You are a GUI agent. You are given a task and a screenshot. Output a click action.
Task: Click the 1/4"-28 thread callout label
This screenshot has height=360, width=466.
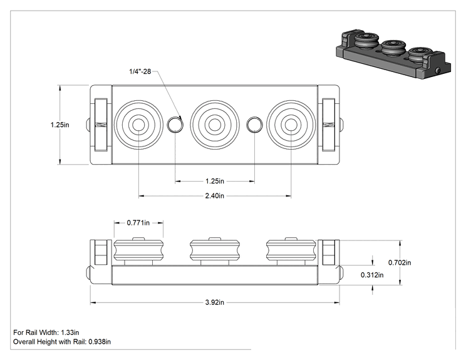140,71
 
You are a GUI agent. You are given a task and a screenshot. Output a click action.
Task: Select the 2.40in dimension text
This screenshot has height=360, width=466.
215,196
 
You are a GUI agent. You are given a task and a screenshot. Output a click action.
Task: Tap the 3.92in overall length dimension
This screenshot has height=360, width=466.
215,302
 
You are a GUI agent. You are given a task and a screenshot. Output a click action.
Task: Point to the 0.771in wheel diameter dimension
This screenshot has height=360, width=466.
138,222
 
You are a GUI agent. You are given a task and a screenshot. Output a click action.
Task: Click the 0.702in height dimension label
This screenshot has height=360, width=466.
400,262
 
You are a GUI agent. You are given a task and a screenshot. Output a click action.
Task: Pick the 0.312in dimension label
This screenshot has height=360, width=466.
372,275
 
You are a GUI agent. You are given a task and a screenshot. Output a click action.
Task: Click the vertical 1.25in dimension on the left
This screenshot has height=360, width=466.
60,125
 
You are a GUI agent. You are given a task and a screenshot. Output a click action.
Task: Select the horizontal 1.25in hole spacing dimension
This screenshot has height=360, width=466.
215,181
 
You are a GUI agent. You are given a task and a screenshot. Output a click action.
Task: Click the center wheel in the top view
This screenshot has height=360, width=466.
215,125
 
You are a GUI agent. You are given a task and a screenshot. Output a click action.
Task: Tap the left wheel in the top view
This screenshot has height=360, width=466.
138,125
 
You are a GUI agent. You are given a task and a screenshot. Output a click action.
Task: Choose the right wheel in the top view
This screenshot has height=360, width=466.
291,125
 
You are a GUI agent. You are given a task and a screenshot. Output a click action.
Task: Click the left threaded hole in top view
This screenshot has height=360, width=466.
175,125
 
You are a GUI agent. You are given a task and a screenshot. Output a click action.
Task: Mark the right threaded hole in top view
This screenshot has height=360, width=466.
254,125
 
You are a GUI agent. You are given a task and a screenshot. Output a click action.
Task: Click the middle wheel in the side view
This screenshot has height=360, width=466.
215,251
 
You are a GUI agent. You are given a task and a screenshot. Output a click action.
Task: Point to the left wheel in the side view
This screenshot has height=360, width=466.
138,251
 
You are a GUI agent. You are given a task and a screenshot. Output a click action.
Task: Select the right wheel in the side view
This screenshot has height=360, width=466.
291,251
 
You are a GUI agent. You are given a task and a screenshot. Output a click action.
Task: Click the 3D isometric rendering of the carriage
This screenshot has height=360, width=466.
393,54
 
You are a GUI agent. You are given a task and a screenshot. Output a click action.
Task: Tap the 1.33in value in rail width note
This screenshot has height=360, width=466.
70,332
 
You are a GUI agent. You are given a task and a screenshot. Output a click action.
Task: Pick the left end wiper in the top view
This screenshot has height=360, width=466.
100,125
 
